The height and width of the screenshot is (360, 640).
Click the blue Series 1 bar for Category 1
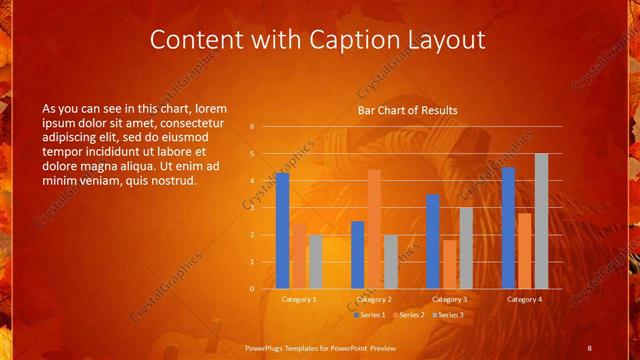pos(282,231)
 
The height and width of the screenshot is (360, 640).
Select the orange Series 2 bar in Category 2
pos(374,229)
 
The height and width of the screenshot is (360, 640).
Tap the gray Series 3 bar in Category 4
pos(541,221)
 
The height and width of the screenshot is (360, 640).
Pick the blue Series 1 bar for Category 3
pos(432,241)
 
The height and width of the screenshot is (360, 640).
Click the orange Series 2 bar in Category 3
pos(449,264)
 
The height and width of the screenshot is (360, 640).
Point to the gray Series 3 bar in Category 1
pos(316,262)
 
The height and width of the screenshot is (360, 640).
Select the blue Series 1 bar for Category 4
pos(508,228)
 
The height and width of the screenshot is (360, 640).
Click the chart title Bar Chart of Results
pos(408,110)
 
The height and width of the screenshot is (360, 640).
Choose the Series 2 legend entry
pos(408,315)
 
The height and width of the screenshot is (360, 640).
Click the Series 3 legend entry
pos(448,315)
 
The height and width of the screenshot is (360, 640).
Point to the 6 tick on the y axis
pos(253,127)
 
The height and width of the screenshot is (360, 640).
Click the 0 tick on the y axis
pos(253,289)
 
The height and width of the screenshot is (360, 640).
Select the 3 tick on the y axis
pos(253,208)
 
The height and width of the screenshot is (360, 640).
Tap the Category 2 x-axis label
pos(374,299)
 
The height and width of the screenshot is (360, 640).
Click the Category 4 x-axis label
pos(524,299)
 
